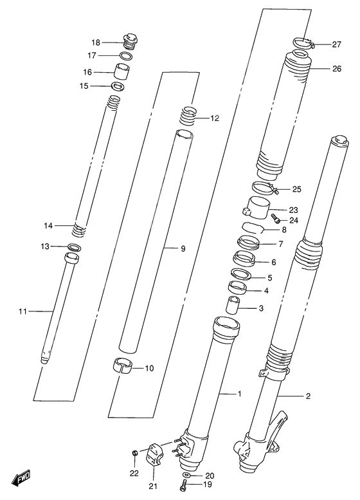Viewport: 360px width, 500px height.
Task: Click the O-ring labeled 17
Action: [127, 56]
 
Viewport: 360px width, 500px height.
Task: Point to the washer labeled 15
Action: [118, 86]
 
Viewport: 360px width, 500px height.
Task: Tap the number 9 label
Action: [183, 248]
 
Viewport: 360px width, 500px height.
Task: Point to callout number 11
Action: [24, 312]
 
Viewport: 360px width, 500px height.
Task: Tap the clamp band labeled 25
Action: [265, 189]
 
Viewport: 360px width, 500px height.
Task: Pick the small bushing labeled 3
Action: [235, 304]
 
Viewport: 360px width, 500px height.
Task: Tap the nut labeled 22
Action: [133, 454]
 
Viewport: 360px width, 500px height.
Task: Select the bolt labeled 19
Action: [186, 483]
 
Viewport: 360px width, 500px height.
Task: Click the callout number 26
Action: [336, 69]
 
